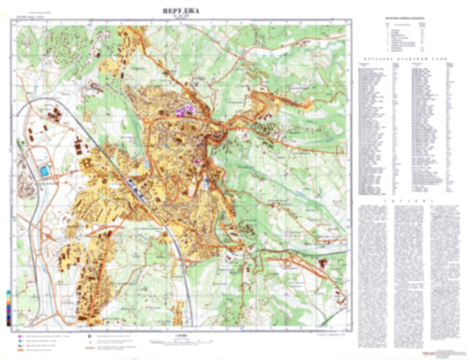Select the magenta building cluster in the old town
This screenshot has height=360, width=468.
[x=185, y=112]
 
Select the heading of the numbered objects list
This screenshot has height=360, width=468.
[x=409, y=18]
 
